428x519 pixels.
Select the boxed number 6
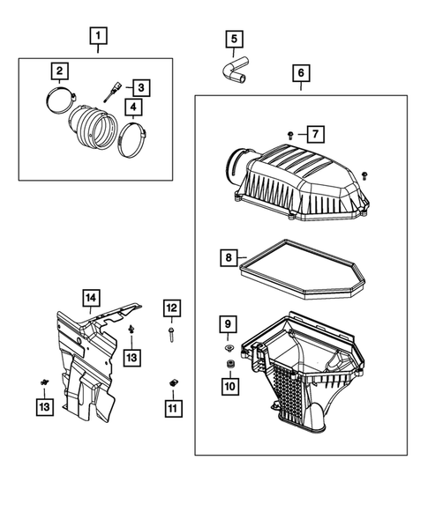[x=300, y=73]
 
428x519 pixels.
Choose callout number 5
[x=234, y=39]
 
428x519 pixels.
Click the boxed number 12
[x=170, y=308]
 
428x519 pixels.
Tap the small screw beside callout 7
[x=291, y=134]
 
